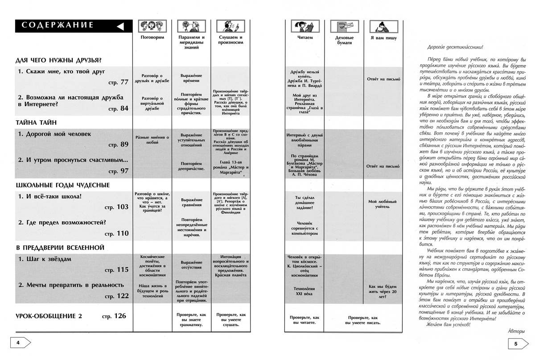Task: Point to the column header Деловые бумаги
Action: [x=343, y=41]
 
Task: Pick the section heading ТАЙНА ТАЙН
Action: [x=36, y=122]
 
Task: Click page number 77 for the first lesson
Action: [x=122, y=82]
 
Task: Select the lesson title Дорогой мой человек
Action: [x=54, y=134]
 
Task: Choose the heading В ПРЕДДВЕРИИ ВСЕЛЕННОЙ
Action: [x=60, y=247]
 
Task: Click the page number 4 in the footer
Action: [x=18, y=343]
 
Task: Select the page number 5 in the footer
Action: [x=515, y=344]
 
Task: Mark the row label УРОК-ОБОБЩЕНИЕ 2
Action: [x=49, y=316]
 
